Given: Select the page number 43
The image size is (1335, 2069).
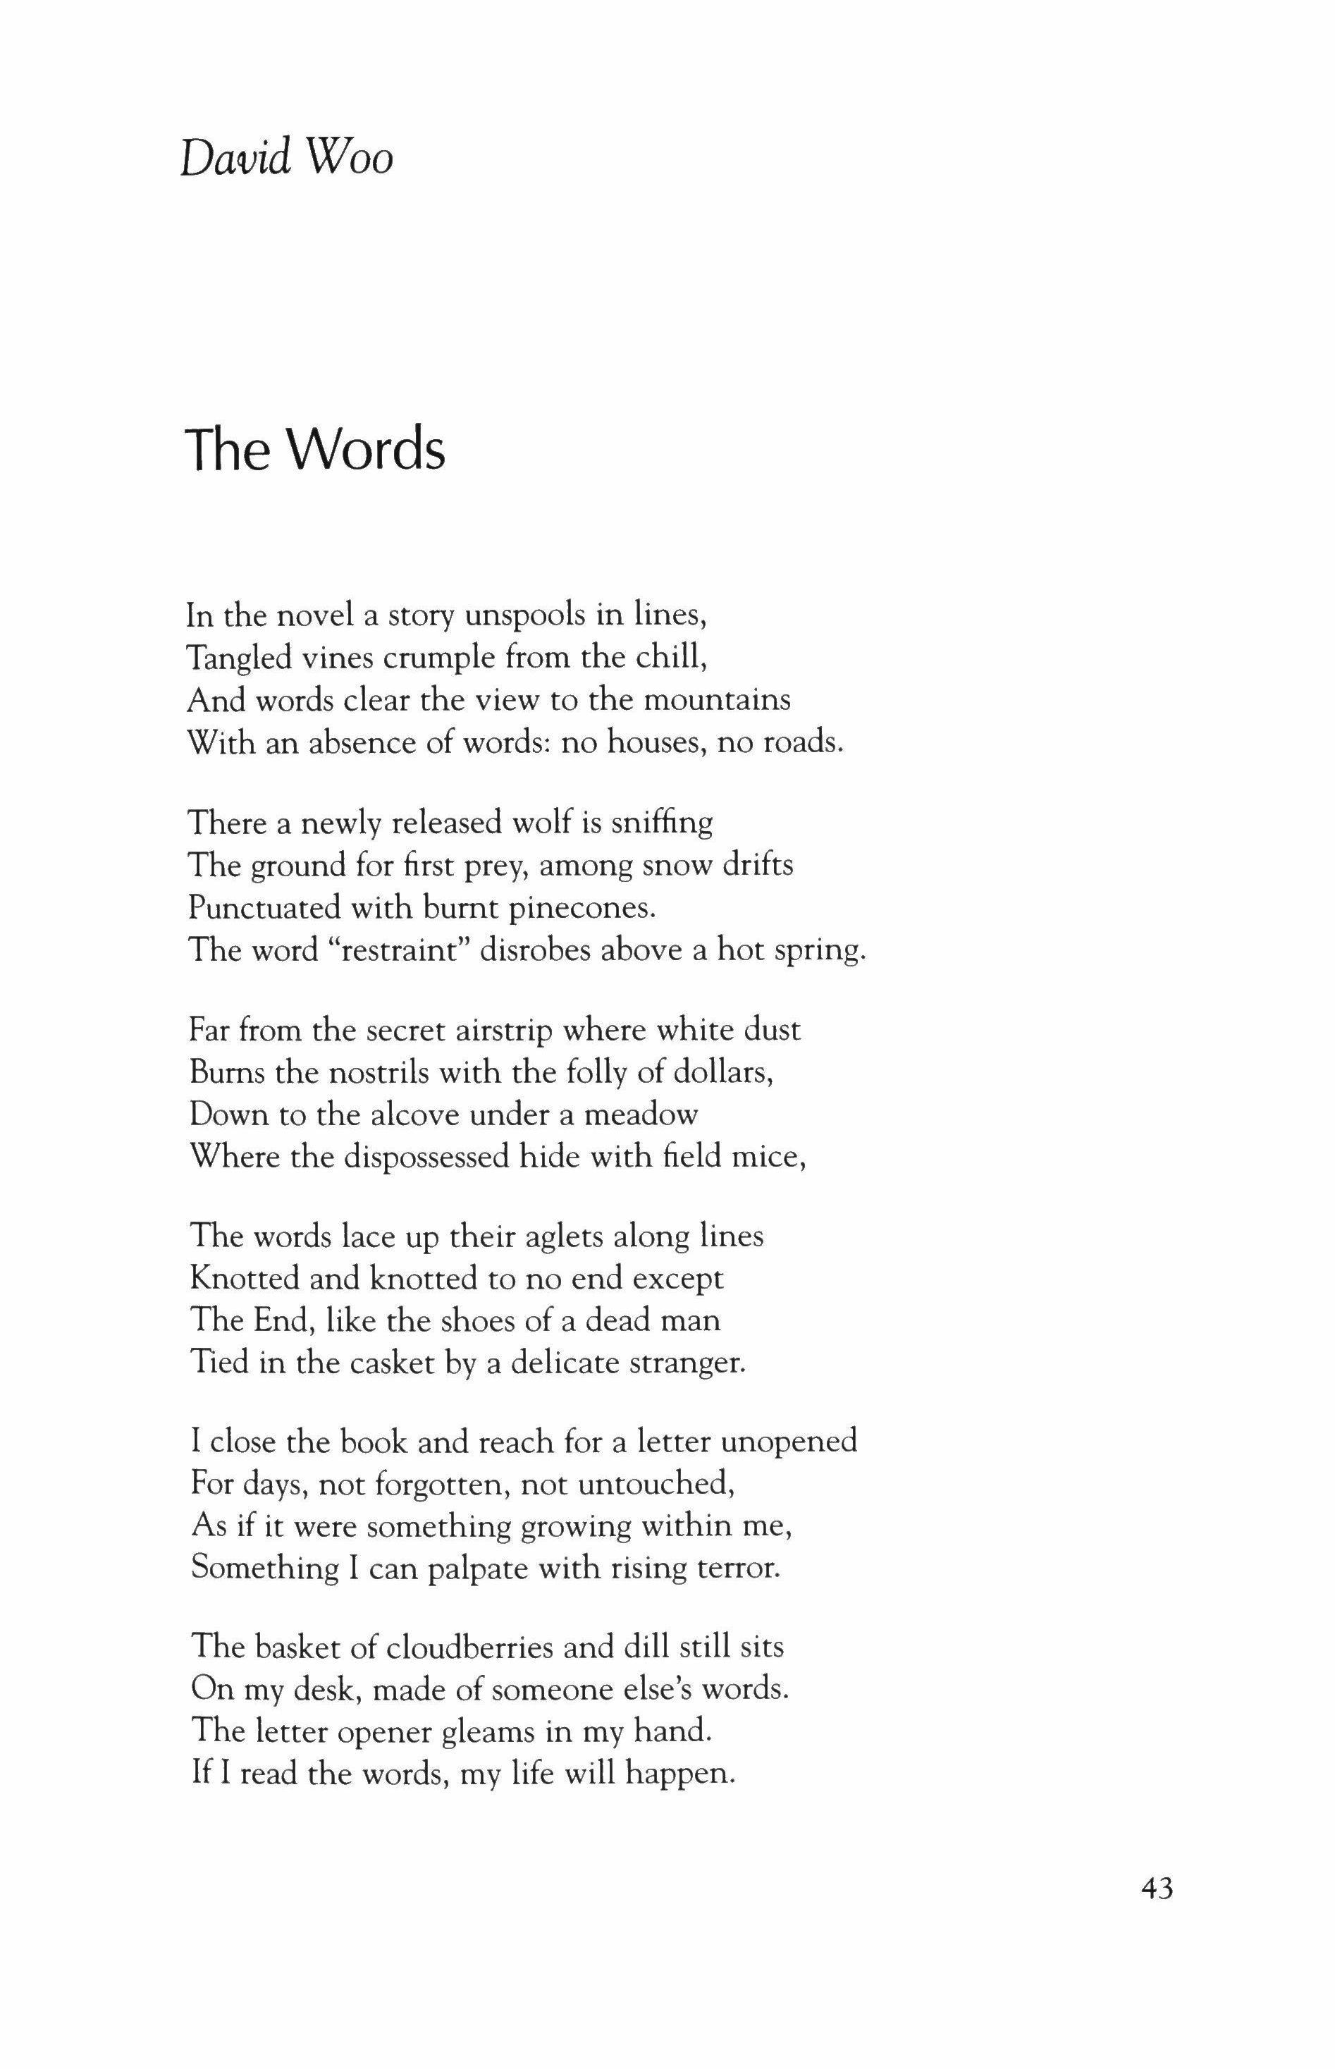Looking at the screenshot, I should pos(1157,1888).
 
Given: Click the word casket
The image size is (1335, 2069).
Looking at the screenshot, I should pos(393,1363).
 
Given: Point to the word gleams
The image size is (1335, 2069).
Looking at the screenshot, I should pos(489,1732).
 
